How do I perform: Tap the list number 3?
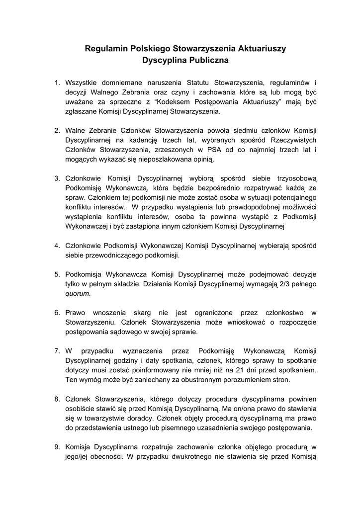pos(57,177)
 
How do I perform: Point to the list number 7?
pos(57,350)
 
